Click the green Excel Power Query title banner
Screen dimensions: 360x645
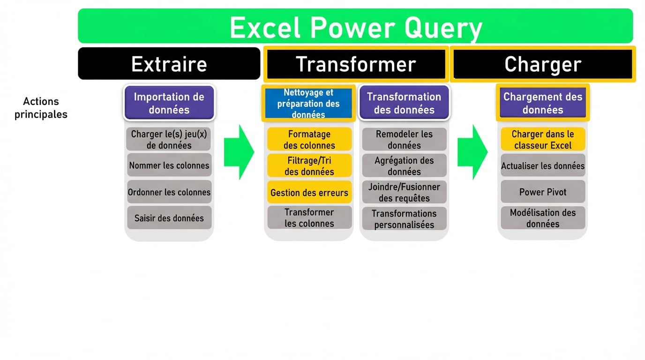click(355, 26)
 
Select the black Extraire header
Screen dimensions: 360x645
click(169, 63)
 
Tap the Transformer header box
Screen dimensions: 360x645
click(355, 64)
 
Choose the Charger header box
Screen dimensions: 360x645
click(542, 64)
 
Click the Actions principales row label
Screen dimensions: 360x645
click(41, 108)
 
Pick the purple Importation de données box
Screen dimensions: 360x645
click(169, 103)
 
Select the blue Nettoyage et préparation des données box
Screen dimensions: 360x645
click(308, 104)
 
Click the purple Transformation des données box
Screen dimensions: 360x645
click(404, 103)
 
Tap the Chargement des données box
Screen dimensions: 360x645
click(542, 103)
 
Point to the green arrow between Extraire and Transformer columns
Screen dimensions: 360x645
click(238, 152)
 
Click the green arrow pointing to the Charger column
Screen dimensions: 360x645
click(472, 152)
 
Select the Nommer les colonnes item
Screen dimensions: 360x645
click(169, 165)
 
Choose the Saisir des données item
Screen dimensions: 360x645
click(169, 218)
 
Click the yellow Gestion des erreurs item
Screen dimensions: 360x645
click(309, 192)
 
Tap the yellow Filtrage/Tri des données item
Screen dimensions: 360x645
click(309, 166)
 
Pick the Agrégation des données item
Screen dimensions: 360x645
click(404, 166)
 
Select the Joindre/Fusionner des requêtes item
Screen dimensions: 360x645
click(404, 192)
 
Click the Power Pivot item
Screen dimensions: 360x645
click(542, 192)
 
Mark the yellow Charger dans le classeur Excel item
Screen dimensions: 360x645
click(542, 139)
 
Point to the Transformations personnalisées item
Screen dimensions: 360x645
click(404, 219)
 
